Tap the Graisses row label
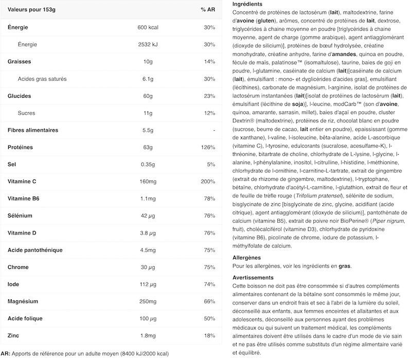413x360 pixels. point(20,62)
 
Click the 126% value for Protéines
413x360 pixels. point(208,148)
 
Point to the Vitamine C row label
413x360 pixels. point(23,182)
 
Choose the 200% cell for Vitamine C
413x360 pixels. point(208,182)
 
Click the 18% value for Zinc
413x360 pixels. point(209,336)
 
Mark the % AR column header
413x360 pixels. point(208,10)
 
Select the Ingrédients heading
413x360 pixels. point(248,4)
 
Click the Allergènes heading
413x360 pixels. point(247,257)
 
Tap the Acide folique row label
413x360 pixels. point(25,319)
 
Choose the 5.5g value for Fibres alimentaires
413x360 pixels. point(149,130)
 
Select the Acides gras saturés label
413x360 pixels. point(42,79)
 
